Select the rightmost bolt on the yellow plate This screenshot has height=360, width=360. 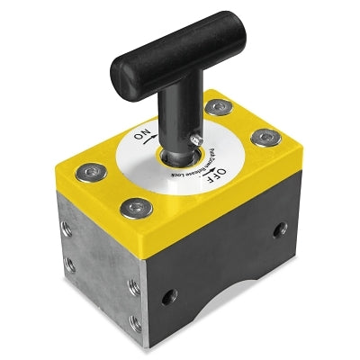(265, 137)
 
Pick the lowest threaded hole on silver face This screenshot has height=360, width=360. (136, 319)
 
